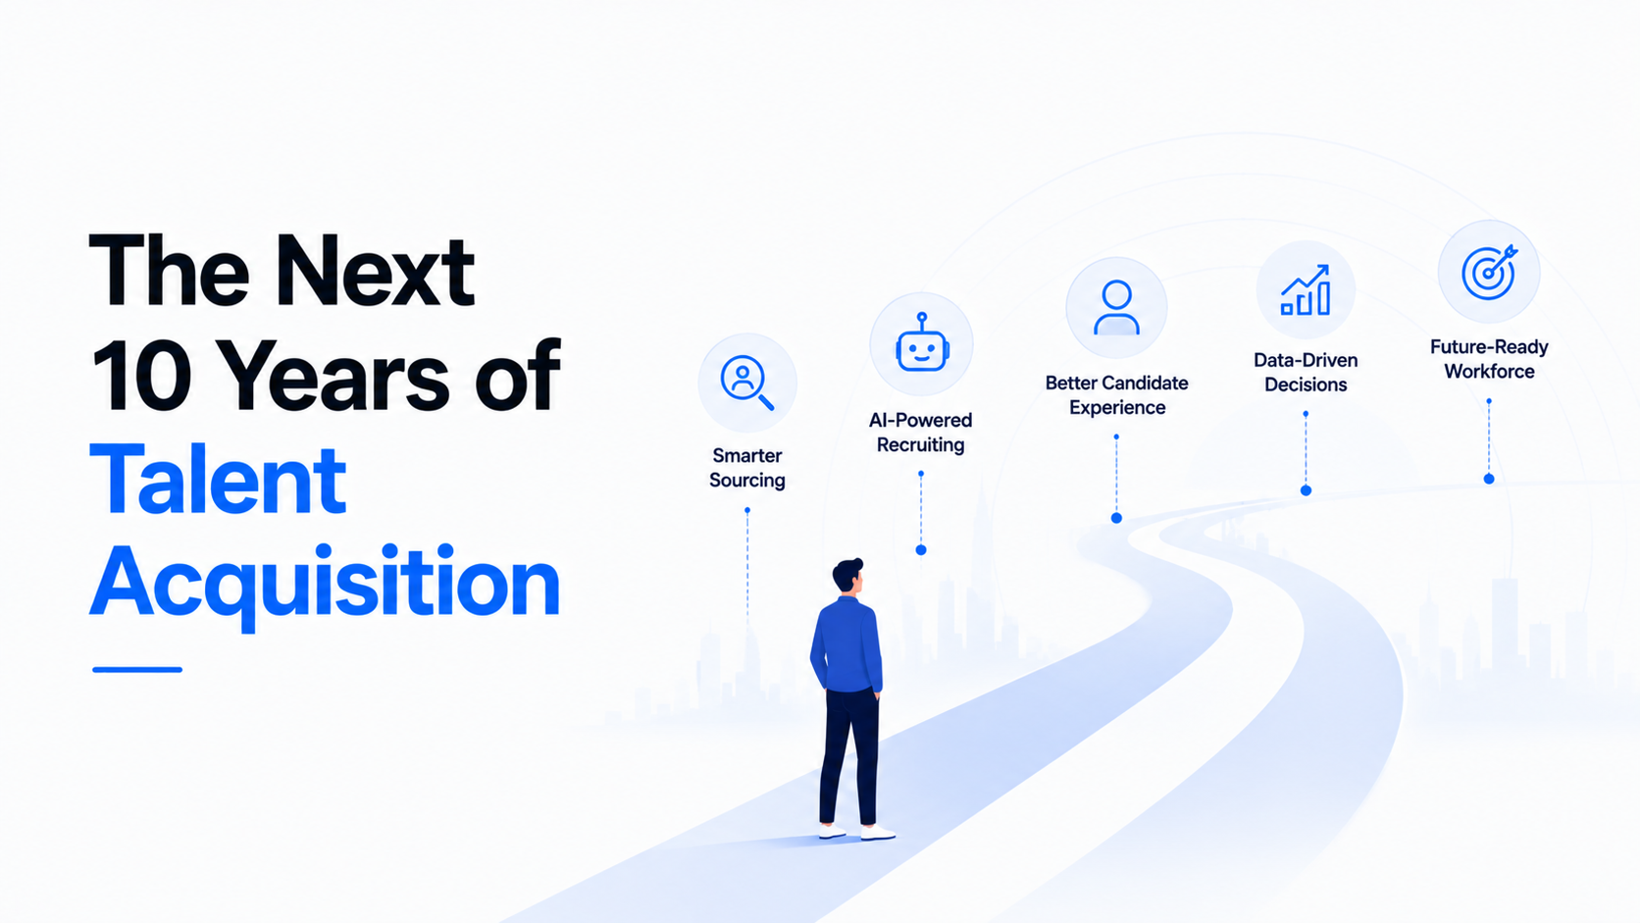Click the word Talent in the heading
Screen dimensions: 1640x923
click(218, 480)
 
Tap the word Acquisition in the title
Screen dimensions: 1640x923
click(325, 586)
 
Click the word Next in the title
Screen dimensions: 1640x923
click(376, 271)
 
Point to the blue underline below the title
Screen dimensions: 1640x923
click(137, 669)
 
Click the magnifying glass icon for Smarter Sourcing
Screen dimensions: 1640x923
click(746, 383)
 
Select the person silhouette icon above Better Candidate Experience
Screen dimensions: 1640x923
click(1116, 307)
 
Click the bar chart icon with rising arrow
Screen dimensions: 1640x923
click(1306, 290)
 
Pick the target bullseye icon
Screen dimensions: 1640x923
click(1489, 272)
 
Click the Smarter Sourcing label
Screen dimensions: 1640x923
click(746, 468)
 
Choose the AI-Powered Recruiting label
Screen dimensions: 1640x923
click(920, 432)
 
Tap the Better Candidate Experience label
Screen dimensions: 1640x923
click(1116, 394)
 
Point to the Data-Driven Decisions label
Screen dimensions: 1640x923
click(1306, 372)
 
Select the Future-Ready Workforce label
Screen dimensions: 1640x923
click(1489, 359)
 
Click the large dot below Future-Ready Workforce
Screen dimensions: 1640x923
click(1489, 479)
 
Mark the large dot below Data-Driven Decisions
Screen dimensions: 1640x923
click(1306, 490)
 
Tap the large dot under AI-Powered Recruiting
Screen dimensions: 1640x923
click(921, 549)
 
